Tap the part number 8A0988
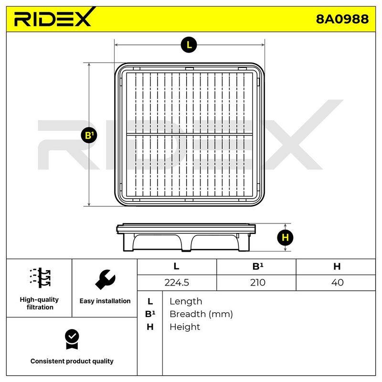342,19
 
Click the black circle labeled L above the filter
189,45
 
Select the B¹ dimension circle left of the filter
89,135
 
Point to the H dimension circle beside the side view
285,237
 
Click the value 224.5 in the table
177,283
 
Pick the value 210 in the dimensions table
257,283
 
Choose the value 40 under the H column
338,283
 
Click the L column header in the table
176,266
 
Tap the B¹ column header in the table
258,266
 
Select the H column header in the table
337,266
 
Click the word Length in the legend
186,302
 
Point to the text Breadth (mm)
201,314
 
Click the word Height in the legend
185,327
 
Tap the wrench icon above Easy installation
105,279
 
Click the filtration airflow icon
40,278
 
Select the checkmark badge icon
72,339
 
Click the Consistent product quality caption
72,361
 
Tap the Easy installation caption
105,301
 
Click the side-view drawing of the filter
186,237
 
